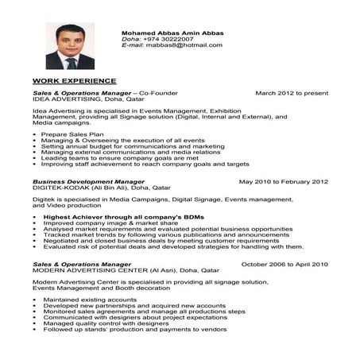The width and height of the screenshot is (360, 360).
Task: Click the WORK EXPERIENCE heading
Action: (74, 81)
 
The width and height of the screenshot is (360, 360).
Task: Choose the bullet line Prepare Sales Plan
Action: (75, 136)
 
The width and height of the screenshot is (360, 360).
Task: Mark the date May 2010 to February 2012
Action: (284, 181)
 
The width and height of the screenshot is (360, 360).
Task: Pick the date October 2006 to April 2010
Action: (285, 264)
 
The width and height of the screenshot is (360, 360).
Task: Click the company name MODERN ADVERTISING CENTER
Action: (89, 270)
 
